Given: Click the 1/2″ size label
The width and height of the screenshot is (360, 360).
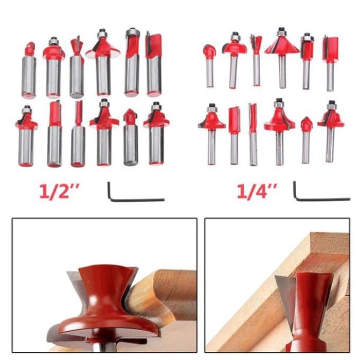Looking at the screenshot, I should (x=61, y=191).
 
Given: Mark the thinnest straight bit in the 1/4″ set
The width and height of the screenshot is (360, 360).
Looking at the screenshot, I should (x=253, y=134).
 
